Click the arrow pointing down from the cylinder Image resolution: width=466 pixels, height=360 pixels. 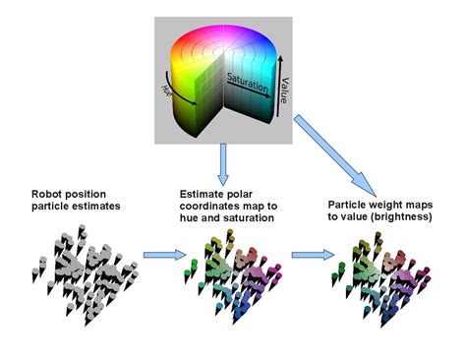pyautogui.click(x=225, y=159)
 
